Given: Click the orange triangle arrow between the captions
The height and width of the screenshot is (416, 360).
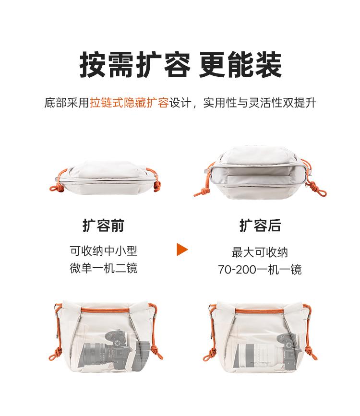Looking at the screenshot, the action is tap(182, 250).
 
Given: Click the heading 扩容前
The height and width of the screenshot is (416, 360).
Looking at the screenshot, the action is tap(103, 226).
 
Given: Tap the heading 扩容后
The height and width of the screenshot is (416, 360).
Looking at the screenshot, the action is tap(260, 226).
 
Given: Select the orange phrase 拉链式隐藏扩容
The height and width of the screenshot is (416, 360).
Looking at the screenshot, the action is tap(129, 103).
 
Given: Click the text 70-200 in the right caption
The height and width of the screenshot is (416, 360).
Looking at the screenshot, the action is tap(237, 270).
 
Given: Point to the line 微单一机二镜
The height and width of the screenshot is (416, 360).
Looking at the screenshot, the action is tap(104, 268).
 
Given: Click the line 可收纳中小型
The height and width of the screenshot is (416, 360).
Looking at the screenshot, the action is tap(104, 251).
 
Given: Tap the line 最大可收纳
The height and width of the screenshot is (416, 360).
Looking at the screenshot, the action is tap(260, 252).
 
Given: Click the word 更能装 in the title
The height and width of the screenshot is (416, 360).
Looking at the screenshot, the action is tap(240, 65).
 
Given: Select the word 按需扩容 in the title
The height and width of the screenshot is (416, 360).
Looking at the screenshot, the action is tap(135, 65).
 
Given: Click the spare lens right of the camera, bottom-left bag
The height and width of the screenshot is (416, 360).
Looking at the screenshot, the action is tap(144, 354).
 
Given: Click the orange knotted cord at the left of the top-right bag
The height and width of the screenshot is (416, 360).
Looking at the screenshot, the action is tap(203, 190).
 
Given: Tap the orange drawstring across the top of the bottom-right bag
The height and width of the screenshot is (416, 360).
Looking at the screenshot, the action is tap(261, 310).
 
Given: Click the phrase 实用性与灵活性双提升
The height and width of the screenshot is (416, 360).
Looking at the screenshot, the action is tap(260, 103).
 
